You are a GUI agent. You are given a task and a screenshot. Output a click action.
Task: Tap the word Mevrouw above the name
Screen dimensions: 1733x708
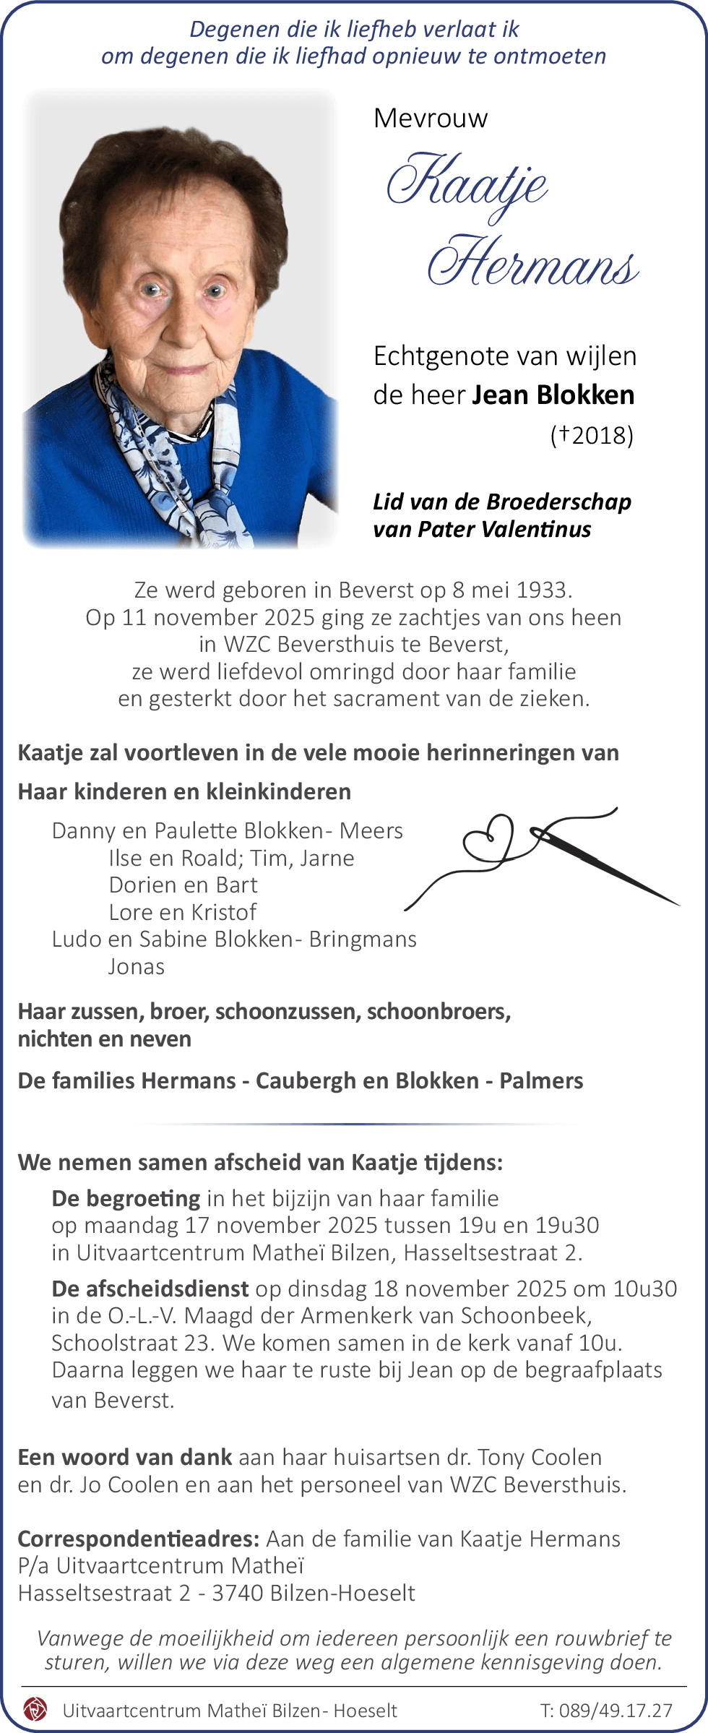point(431,118)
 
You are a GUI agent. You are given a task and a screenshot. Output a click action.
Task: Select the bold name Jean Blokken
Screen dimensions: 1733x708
point(553,395)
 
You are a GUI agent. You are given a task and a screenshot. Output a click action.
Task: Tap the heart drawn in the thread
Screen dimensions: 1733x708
point(489,838)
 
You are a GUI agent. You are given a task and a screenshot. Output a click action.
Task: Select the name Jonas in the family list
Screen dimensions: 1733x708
point(137,966)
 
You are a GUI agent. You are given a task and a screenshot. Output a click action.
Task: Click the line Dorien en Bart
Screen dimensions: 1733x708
point(183,885)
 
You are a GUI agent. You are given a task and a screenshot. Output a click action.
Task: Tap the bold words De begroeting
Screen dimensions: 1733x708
point(126,1198)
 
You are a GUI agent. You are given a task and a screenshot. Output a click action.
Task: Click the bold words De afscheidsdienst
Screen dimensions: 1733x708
point(150,1289)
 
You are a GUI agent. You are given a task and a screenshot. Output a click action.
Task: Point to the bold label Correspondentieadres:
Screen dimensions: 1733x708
point(139,1539)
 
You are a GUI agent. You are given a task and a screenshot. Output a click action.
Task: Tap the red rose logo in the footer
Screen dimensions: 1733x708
point(35,1709)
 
